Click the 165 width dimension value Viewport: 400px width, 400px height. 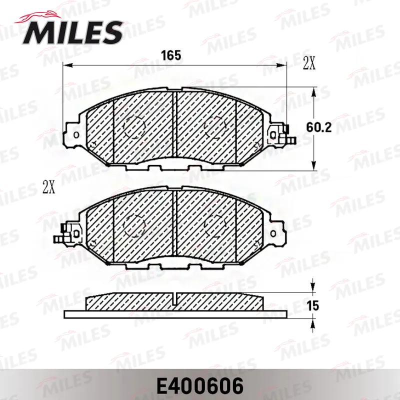click(x=171, y=55)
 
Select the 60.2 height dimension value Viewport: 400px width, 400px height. click(x=319, y=127)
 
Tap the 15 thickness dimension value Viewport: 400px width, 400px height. click(x=313, y=305)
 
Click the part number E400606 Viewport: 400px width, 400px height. click(x=200, y=386)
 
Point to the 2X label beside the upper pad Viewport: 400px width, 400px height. click(x=309, y=63)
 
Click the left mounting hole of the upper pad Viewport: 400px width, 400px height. click(x=76, y=134)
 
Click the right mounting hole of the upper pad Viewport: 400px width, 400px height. click(x=273, y=134)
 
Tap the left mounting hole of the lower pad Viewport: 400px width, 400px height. click(x=76, y=233)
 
